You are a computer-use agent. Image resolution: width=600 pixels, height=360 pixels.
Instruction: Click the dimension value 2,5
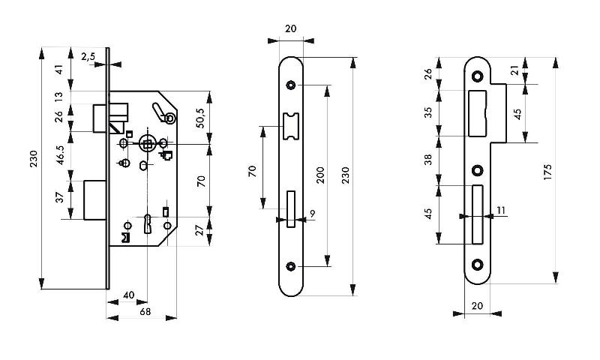click(88, 57)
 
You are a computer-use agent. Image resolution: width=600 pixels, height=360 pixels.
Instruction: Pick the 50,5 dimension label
click(200, 119)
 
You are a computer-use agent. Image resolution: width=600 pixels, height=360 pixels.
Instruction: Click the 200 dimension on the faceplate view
click(319, 175)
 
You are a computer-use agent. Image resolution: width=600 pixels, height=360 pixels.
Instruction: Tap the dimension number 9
click(312, 214)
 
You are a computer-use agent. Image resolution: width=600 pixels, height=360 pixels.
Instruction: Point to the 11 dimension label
click(499, 211)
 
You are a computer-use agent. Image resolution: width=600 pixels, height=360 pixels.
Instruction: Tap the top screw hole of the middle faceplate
click(291, 87)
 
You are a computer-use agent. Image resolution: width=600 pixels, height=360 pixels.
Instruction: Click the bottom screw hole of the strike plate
click(477, 264)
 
